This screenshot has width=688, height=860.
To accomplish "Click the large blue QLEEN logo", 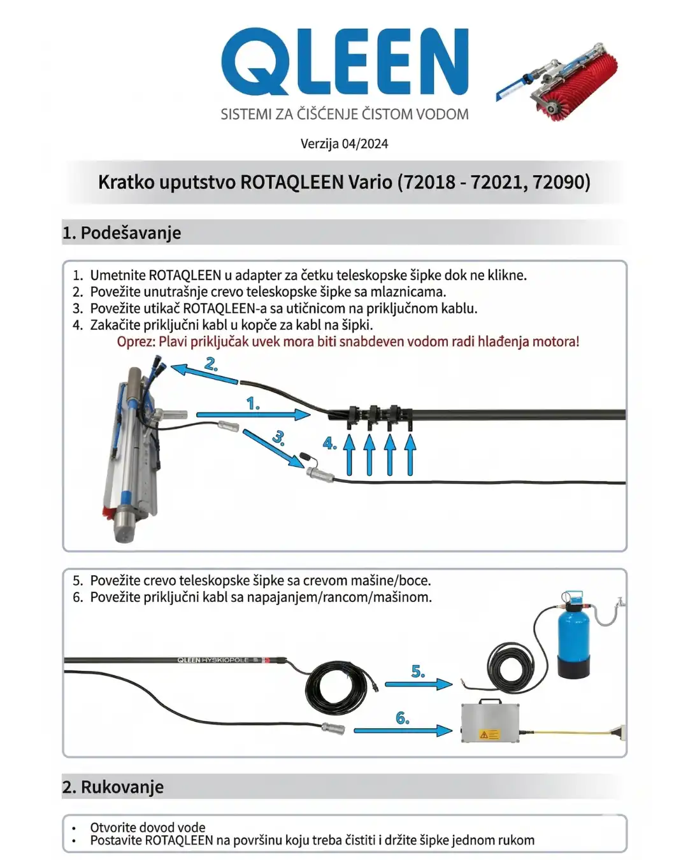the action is point(345,61).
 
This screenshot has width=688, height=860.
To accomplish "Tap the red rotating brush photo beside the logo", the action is point(557,82).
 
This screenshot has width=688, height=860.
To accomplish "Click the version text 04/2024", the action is point(365,144).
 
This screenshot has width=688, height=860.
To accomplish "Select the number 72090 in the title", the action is point(561,182).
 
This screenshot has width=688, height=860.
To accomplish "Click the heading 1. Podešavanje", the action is point(122,233).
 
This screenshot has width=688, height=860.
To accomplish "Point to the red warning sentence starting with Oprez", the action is point(348,341).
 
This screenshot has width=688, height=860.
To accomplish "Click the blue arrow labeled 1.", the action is point(254,415).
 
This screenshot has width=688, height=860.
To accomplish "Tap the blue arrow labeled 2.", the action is point(204,374).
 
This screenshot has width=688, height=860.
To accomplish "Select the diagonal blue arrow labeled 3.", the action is point(273,448).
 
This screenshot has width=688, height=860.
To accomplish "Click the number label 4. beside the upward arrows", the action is point(330,443).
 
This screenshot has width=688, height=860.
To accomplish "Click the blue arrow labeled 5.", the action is point(419,685).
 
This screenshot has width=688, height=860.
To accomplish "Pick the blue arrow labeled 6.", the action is point(403,731).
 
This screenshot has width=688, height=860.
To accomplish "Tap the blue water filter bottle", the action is point(574,635).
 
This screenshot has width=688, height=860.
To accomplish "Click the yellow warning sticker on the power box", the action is point(489,735).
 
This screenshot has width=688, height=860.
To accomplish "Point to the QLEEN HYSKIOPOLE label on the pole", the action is point(213,660).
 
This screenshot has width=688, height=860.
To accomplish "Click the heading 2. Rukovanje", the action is point(113,787).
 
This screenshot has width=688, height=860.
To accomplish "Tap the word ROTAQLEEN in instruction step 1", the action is point(185,275).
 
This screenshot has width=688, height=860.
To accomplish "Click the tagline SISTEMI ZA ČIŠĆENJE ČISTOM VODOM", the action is point(345,114).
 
